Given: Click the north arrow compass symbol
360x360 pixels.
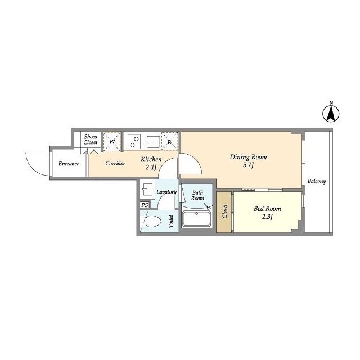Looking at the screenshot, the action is pos(331,113).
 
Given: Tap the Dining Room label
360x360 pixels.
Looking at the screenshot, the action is pos(248,157).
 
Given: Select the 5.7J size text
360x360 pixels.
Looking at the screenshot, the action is pos(248,165).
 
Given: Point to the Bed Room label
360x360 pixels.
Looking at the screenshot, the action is pos(267,209).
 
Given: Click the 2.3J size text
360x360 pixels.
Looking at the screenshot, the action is pos(267,217).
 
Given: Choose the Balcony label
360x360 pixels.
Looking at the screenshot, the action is pos(317,181).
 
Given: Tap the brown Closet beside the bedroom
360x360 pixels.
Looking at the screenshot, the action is pos(224,212).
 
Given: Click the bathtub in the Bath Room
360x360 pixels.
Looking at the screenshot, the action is pos(196,219).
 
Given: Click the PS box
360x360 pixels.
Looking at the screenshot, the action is pos(145,205).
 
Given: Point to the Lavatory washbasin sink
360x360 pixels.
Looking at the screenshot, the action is pos(146,189).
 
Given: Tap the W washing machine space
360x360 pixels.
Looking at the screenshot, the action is pos(112,141).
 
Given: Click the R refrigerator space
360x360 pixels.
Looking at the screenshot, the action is pos(170,141).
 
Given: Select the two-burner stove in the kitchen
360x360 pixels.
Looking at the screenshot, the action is pos(134,142).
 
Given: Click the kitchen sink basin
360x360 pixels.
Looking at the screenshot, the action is pos(154,142).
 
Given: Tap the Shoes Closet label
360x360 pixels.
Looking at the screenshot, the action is pos(91,139).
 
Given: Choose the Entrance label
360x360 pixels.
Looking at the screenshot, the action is pos(69,164).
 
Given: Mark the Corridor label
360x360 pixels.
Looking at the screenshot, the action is pos(115,163).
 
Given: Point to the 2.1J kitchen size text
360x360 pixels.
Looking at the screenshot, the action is pos(151,168).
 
